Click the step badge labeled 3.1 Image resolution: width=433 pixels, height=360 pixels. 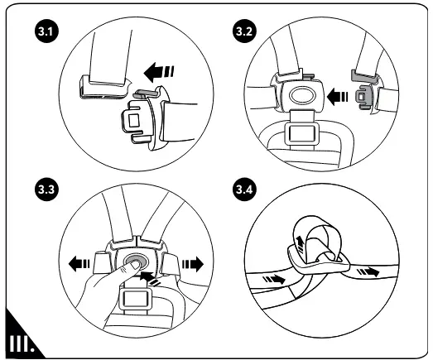pos(46,31)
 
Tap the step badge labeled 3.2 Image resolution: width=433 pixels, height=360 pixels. pos(244,31)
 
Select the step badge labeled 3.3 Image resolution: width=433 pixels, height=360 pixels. pos(46,190)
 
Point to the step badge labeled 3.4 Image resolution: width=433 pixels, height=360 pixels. pos(244,190)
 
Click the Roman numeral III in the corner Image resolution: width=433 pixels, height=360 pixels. pos(22,344)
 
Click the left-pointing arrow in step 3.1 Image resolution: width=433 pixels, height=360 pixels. pos(159,72)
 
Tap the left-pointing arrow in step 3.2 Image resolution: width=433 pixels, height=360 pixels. pos(337,97)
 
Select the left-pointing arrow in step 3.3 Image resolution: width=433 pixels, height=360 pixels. pos(79,264)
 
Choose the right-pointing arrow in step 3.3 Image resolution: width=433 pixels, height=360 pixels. pos(193,264)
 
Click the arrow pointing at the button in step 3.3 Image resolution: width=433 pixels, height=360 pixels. pos(149,278)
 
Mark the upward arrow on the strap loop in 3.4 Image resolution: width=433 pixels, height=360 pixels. pos(301,244)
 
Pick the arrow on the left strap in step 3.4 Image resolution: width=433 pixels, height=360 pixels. pos(274,279)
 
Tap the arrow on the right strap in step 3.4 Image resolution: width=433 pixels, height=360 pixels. pos(368,271)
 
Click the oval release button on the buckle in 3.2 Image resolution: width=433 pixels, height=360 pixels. pos(302,95)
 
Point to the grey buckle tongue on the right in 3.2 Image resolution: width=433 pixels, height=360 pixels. pos(363,89)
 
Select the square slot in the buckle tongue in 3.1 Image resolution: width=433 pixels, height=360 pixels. pos(134,120)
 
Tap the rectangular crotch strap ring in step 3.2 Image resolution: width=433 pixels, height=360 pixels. pos(301,133)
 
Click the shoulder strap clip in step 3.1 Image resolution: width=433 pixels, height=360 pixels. pos(104,88)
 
